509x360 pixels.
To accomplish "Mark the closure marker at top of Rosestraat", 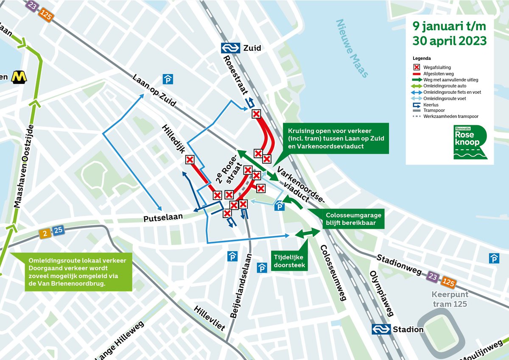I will (x=256, y=114).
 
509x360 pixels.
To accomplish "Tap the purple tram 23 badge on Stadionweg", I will (x=433, y=276).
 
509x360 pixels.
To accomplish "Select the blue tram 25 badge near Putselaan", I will (x=58, y=231).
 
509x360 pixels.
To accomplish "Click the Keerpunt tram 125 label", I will (x=450, y=299).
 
